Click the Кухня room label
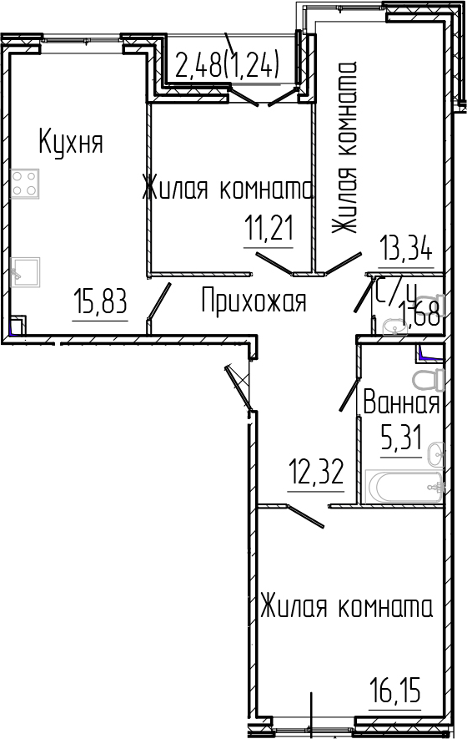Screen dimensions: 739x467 [71, 143]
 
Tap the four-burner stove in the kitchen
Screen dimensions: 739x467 [26, 183]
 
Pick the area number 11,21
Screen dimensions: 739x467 [269, 226]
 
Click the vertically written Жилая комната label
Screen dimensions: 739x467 [344, 150]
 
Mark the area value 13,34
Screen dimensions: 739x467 [406, 250]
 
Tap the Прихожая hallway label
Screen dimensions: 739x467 [254, 301]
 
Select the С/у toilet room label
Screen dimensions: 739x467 [396, 292]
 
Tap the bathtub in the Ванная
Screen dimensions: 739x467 [404, 487]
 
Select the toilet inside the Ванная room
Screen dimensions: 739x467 [429, 379]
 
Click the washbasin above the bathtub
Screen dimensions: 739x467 [433, 455]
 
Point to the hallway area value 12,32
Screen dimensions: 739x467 [315, 477]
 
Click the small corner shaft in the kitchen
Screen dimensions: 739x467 [17, 325]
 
